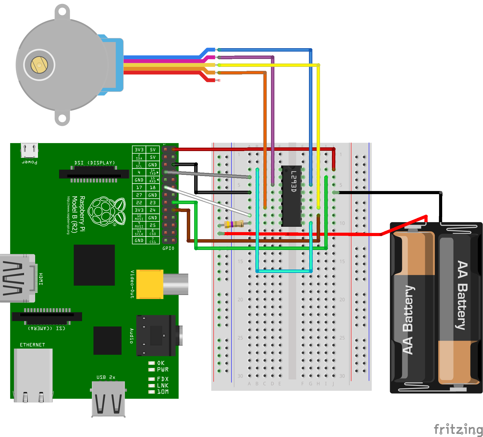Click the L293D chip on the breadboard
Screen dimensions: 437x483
tap(291, 196)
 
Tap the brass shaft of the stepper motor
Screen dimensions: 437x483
tap(39, 65)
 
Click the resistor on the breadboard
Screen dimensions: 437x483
tap(234, 224)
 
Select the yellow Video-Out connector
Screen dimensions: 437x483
tap(150, 284)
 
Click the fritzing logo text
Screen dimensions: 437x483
tap(458, 429)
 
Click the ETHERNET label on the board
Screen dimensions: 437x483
tap(32, 345)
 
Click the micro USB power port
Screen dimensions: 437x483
tap(29, 150)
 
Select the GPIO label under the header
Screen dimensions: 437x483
tap(168, 248)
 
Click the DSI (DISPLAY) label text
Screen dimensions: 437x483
tap(94, 163)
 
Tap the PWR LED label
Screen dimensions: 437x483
tap(163, 370)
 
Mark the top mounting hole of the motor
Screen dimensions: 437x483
tap(62, 12)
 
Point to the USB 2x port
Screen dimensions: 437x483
tap(108, 399)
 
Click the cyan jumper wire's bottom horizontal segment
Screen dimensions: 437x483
tap(283, 271)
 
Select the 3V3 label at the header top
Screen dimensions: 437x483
tap(139, 150)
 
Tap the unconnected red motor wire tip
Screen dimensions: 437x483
tap(219, 80)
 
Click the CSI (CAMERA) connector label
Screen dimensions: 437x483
tap(46, 328)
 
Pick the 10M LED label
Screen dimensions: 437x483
tap(163, 392)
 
